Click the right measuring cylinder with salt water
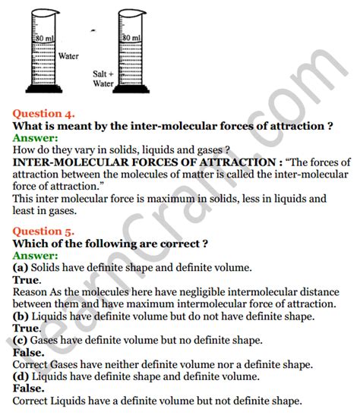[x=128, y=61]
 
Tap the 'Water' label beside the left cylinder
[x=69, y=55]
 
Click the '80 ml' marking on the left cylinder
[x=43, y=37]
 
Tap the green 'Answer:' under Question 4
[x=35, y=138]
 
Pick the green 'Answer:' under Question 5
[x=35, y=256]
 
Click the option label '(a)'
[x=21, y=268]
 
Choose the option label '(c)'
[x=21, y=340]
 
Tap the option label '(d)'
[x=22, y=376]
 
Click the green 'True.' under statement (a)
[x=27, y=280]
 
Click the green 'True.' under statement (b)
[x=27, y=328]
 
